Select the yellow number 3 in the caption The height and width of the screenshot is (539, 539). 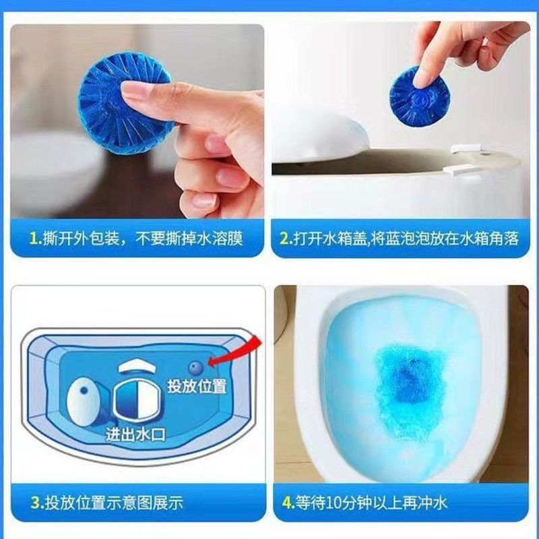[x=35, y=503]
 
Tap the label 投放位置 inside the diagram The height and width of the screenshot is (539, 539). [x=196, y=386]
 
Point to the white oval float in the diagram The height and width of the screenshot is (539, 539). [x=84, y=400]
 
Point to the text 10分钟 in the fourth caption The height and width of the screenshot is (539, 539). [x=349, y=502]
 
